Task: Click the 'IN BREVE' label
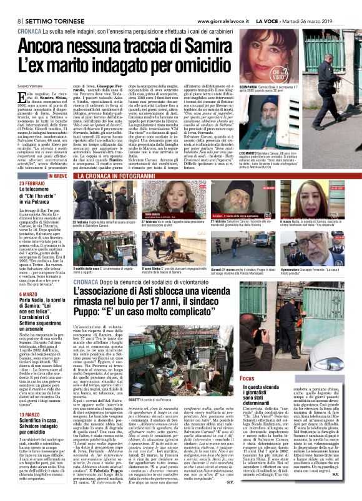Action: [56, 176]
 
